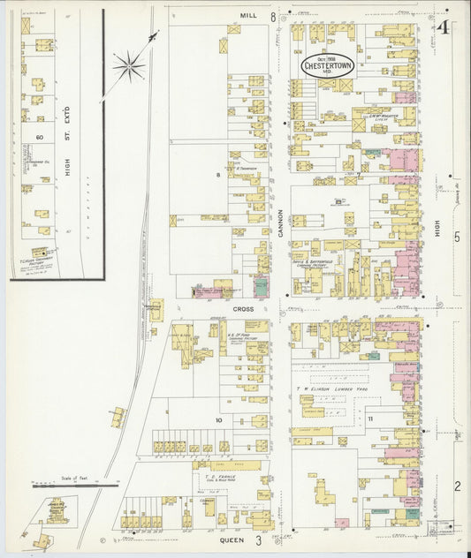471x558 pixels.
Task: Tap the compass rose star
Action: [129, 64]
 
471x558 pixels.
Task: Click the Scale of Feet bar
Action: [75, 484]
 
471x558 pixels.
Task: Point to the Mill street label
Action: [247, 16]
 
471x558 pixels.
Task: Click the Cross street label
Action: [244, 309]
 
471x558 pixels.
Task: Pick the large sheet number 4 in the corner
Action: [443, 27]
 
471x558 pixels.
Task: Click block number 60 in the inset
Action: [39, 138]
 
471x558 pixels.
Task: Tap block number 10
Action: [217, 421]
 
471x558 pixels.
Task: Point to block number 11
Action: [371, 418]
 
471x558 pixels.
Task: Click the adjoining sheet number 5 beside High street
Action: [457, 237]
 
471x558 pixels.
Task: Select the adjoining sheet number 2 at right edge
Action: [457, 486]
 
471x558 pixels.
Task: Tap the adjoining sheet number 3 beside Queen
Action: [259, 539]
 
